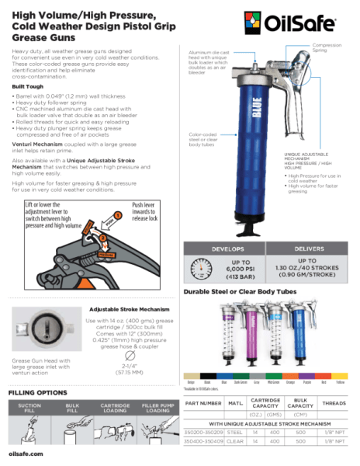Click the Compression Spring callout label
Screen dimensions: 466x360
click(x=329, y=49)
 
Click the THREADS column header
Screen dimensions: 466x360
click(x=333, y=403)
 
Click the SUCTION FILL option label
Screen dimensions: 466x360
click(x=29, y=408)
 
